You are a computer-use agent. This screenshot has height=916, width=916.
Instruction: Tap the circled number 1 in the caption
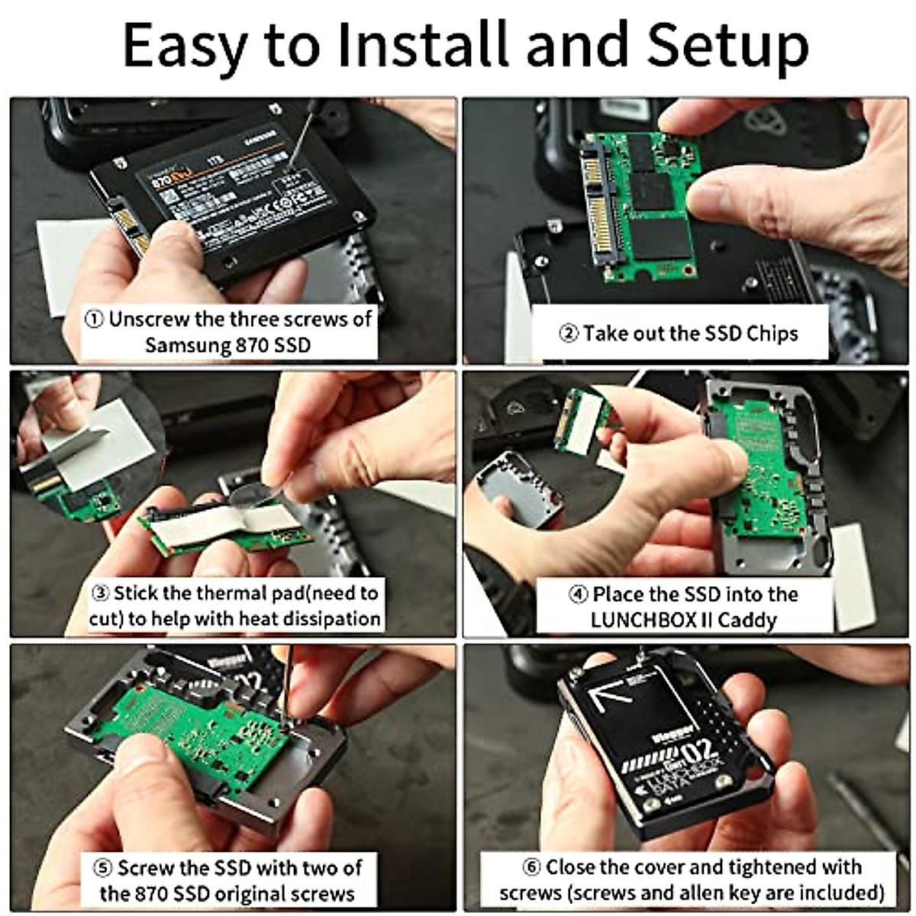(94, 319)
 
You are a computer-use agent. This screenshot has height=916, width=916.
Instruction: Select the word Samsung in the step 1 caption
(187, 345)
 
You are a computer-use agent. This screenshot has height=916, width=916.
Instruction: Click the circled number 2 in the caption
(569, 334)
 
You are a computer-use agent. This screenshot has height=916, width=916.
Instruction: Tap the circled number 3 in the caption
(100, 594)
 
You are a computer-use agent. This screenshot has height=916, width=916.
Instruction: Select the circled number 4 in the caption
(579, 595)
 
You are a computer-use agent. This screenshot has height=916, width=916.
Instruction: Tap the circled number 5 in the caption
(103, 869)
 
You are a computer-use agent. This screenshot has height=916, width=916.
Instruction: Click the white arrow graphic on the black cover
(610, 691)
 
